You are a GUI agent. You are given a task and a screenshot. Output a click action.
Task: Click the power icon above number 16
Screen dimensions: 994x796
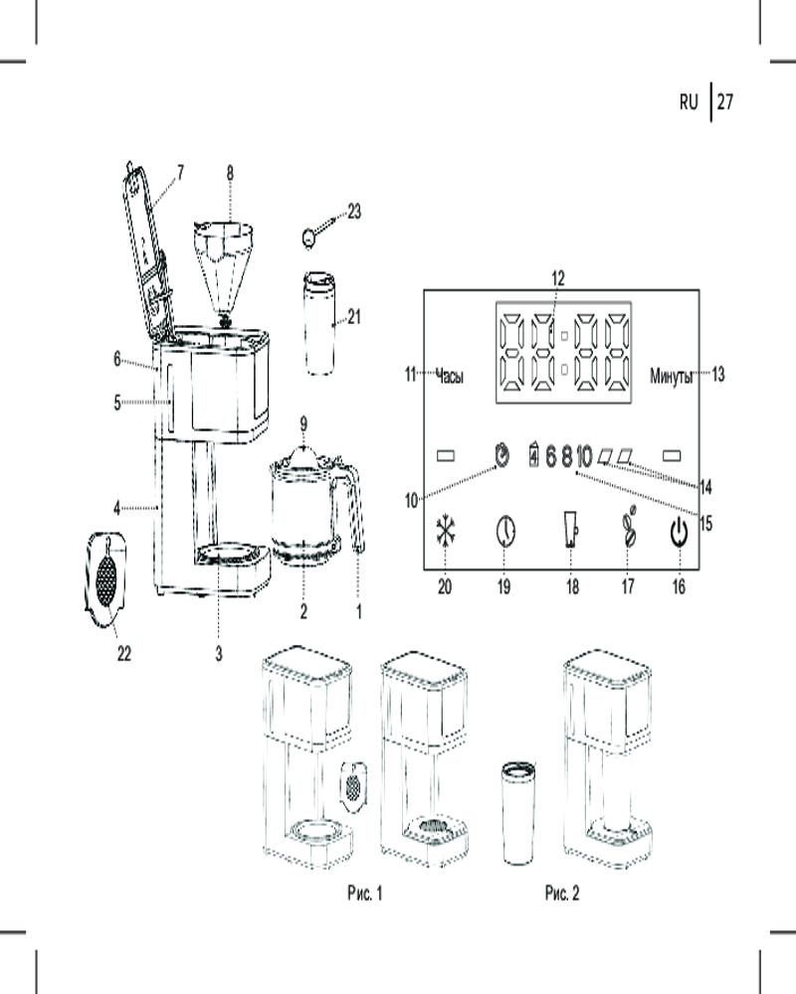point(678,534)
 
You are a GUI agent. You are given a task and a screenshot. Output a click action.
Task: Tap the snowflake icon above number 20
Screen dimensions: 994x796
point(445,533)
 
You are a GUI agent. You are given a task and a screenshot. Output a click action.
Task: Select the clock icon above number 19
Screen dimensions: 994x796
point(504,533)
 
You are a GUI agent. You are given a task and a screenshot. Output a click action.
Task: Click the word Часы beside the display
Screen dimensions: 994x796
point(450,376)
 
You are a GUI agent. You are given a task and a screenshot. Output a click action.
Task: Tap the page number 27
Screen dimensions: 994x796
point(724,101)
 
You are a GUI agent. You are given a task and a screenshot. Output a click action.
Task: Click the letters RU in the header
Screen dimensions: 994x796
point(690,101)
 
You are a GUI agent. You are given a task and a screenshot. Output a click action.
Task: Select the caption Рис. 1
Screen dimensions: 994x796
point(365,894)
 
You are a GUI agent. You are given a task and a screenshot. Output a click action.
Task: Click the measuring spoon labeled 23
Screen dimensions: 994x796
point(310,238)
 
